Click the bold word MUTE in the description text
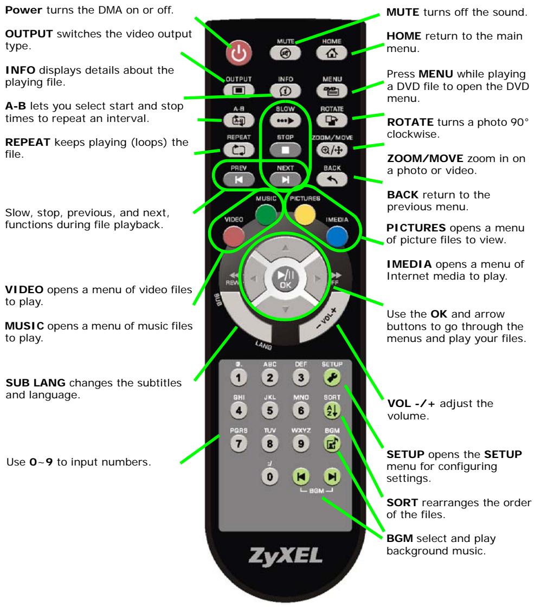pos(402,11)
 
